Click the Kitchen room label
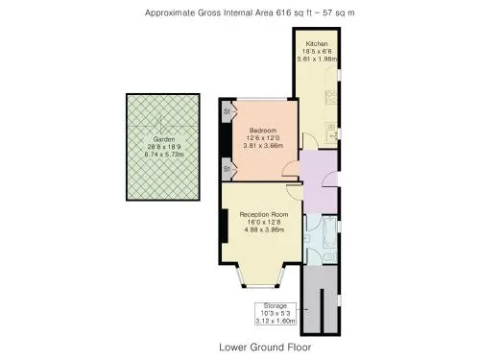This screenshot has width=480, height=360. (x=317, y=43)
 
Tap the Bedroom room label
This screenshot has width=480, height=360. (x=263, y=131)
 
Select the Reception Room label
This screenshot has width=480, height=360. (x=264, y=214)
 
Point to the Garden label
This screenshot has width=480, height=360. (x=164, y=139)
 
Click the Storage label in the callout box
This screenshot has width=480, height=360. (x=276, y=305)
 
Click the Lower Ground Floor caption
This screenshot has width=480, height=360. (x=265, y=348)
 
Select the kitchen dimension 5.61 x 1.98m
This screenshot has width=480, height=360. (x=317, y=59)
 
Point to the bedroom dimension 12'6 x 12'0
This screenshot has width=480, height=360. (x=263, y=138)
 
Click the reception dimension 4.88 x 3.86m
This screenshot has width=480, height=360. (x=264, y=229)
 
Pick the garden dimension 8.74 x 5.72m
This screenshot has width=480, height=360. (x=164, y=155)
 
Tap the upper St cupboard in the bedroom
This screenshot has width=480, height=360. (x=227, y=111)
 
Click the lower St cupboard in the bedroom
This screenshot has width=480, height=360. (x=227, y=169)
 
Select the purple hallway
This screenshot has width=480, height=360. (x=320, y=182)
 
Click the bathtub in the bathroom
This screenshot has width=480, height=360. (x=329, y=232)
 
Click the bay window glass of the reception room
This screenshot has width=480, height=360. (x=260, y=286)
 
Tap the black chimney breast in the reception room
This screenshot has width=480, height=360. (x=224, y=226)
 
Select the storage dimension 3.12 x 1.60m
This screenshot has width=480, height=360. (x=276, y=321)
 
